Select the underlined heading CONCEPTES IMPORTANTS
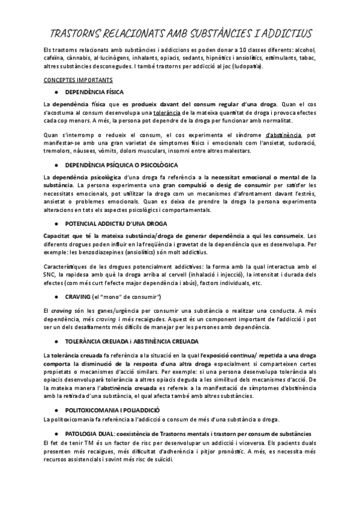pyautogui.click(x=74, y=79)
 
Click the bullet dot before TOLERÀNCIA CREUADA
pyautogui.click(x=56, y=340)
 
